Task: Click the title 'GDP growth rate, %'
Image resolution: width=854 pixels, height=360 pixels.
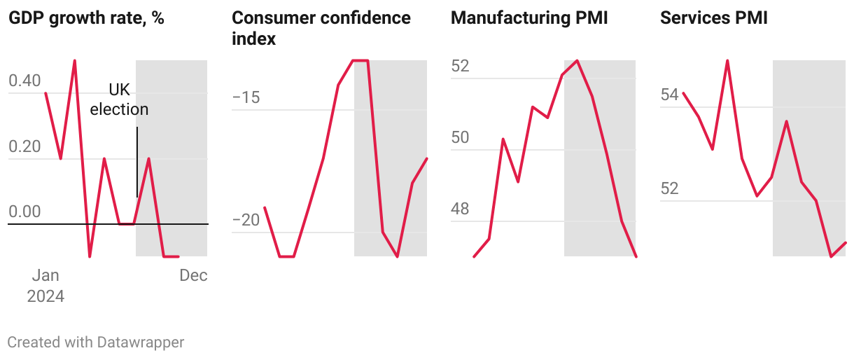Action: click(x=86, y=18)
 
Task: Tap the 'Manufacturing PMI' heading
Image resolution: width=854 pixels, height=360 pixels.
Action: click(x=529, y=18)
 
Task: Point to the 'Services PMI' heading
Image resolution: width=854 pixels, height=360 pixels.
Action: click(x=714, y=18)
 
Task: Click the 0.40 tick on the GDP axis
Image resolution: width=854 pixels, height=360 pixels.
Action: click(x=24, y=81)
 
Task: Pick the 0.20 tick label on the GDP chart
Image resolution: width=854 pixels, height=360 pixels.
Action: click(x=24, y=146)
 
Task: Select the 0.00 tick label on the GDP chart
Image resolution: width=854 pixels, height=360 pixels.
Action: click(x=24, y=212)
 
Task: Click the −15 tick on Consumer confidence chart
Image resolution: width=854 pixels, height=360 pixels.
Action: click(x=246, y=97)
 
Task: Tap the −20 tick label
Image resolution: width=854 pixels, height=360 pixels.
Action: click(x=246, y=220)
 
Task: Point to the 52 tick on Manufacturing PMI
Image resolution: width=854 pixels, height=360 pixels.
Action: click(x=460, y=67)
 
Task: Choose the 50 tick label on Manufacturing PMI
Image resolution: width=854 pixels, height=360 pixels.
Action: click(x=460, y=138)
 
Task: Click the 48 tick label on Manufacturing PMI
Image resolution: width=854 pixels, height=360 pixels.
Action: click(x=460, y=209)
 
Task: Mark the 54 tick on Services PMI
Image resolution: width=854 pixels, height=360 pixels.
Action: click(x=670, y=95)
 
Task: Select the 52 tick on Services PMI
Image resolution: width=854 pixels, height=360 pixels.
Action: click(x=670, y=189)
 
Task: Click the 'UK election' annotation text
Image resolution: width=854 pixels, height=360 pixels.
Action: click(x=120, y=99)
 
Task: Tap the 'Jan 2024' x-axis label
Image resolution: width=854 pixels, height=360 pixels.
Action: click(x=45, y=286)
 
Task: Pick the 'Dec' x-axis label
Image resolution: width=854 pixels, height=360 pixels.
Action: click(x=193, y=275)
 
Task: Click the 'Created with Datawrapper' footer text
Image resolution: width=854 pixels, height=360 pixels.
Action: click(x=96, y=342)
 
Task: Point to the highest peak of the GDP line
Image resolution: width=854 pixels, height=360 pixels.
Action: click(x=75, y=61)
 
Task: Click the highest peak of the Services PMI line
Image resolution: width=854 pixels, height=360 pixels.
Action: click(x=728, y=61)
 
